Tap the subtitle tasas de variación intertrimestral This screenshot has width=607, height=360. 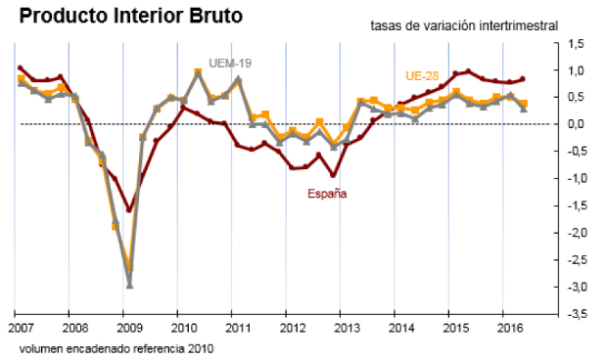click(464, 25)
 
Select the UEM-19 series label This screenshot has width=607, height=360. click(232, 63)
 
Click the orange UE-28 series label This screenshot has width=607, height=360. click(422, 75)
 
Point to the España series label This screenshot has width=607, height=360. click(327, 194)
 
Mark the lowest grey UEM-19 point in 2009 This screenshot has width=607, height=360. click(129, 286)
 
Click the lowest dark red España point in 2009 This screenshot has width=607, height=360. click(129, 209)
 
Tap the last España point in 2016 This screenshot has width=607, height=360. click(523, 79)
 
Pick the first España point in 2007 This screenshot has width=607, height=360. click(21, 68)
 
